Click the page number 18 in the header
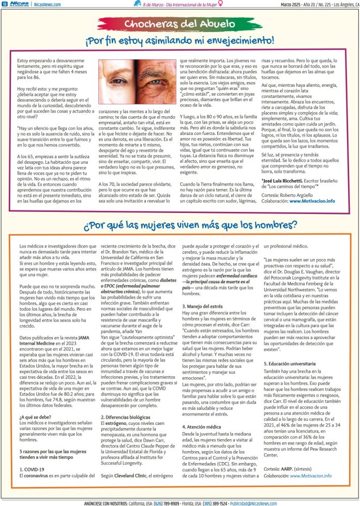5,4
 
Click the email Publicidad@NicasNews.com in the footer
263,502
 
